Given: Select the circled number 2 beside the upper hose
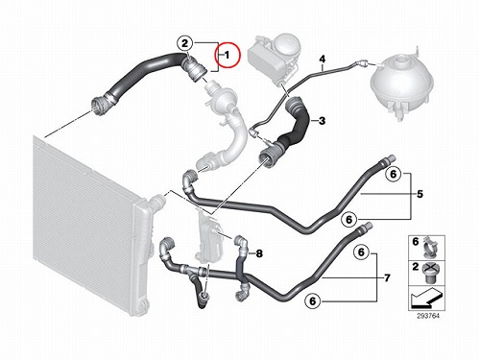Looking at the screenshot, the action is click(185, 43).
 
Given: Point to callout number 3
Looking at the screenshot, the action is click(322, 121).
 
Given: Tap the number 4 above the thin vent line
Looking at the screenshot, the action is click(323, 59).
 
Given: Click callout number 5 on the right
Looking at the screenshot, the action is click(420, 194).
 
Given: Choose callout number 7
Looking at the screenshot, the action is click(387, 277).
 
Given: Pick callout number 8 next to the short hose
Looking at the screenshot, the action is click(259, 253).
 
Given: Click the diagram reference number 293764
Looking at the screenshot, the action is click(428, 316).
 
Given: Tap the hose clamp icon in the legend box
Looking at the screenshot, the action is click(431, 248).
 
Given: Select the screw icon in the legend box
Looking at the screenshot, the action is click(430, 273).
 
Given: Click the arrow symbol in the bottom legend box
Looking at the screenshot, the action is click(426, 299).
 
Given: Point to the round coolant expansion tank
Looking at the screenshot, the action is click(402, 84).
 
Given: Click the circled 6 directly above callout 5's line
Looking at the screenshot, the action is click(394, 174).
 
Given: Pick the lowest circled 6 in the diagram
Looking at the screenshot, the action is click(313, 301).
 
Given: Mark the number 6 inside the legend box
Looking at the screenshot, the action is click(416, 242).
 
